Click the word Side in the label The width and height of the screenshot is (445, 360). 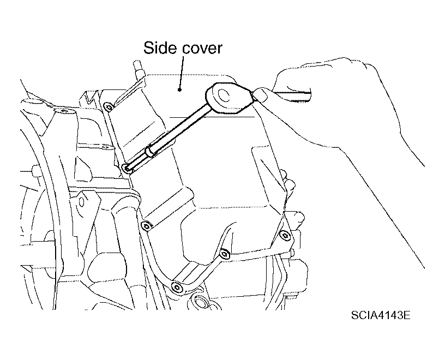[160, 47]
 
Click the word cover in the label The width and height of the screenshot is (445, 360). [202, 49]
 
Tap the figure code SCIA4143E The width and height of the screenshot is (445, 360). [381, 315]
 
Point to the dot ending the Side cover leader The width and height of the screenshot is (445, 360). [179, 89]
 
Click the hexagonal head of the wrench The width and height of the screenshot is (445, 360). [228, 98]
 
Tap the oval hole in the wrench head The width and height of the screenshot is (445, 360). [224, 95]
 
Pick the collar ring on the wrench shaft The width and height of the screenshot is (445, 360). [151, 151]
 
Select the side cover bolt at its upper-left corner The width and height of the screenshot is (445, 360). [109, 107]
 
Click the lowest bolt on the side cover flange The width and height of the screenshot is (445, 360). [176, 287]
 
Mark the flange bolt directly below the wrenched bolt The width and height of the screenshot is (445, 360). [147, 226]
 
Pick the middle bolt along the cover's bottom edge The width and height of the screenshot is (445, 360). [225, 253]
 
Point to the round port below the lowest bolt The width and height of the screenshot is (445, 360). [200, 303]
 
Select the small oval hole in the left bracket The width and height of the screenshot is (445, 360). [82, 202]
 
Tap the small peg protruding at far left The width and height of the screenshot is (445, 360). [37, 171]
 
